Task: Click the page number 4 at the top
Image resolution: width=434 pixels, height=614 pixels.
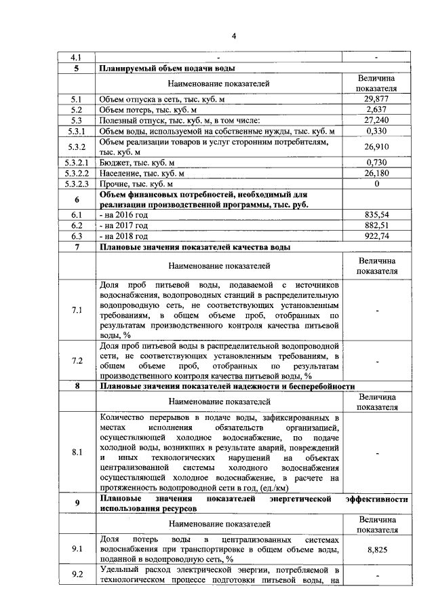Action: click(233, 36)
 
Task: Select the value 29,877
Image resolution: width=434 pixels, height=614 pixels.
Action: click(376, 98)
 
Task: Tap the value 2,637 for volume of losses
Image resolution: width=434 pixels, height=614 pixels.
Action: click(376, 109)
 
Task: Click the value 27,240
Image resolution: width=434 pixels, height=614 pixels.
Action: click(376, 120)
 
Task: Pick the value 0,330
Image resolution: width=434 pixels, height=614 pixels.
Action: click(376, 131)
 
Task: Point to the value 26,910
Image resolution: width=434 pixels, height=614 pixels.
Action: click(376, 147)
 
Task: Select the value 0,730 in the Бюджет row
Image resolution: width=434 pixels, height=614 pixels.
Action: click(376, 163)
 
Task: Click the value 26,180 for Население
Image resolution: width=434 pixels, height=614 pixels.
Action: click(376, 174)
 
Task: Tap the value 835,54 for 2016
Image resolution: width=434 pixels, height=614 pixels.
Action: click(376, 215)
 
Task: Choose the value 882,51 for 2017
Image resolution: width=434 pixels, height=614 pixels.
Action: click(376, 225)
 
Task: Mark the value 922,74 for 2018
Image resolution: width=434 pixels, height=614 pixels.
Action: click(376, 236)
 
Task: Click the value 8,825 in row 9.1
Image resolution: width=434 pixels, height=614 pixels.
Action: click(376, 550)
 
